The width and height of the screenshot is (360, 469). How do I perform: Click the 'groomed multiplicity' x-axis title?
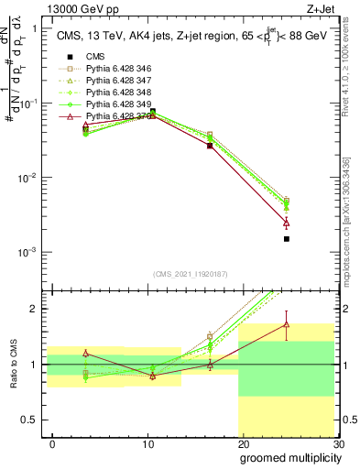coord(288,457)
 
